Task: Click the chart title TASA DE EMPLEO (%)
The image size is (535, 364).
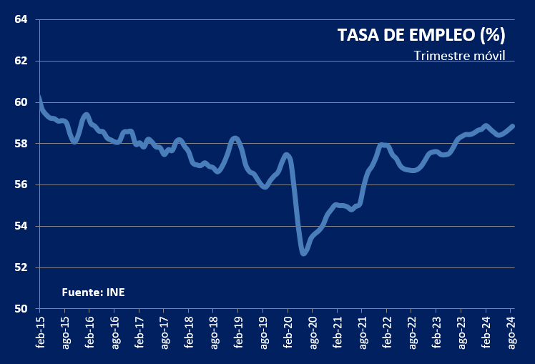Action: click(421, 34)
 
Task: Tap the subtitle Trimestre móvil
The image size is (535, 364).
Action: click(459, 56)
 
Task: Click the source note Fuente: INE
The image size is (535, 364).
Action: click(93, 292)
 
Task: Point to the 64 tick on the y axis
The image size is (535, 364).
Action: click(21, 19)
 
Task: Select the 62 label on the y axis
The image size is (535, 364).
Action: click(21, 61)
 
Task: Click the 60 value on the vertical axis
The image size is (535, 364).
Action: click(21, 102)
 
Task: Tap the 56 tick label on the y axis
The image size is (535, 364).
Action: click(21, 185)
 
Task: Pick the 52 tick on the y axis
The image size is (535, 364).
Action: click(21, 267)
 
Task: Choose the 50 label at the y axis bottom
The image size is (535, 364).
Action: click(21, 309)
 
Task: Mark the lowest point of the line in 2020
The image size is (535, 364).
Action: click(303, 252)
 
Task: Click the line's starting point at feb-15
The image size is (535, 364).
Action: click(40, 98)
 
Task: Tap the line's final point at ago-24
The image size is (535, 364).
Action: click(512, 127)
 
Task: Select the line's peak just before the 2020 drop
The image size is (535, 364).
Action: click(287, 155)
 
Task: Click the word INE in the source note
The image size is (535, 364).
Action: click(115, 292)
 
